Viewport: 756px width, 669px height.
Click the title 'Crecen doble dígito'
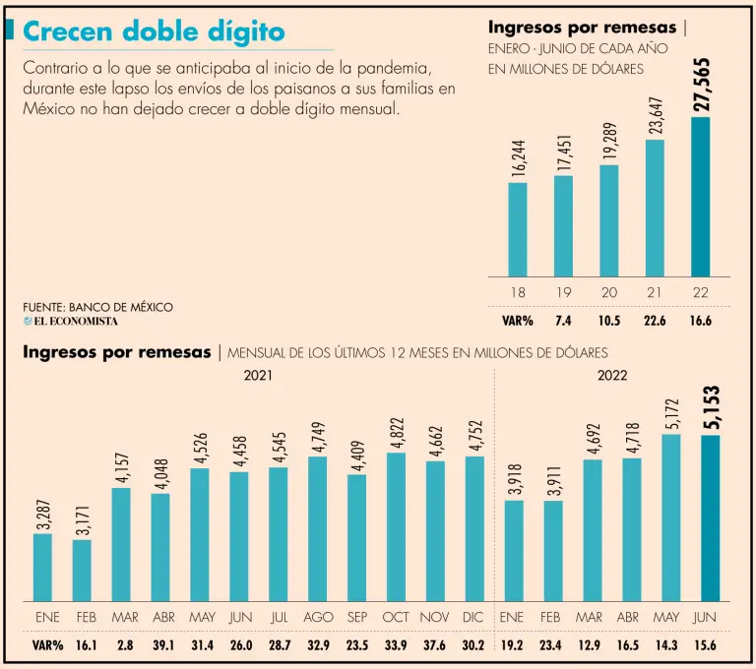(x=154, y=32)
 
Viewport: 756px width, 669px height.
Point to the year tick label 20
(x=608, y=293)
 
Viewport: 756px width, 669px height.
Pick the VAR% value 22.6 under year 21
(x=654, y=320)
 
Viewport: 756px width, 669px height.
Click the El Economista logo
(x=71, y=321)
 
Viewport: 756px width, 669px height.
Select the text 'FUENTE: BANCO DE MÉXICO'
(x=97, y=307)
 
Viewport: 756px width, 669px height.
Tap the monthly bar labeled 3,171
(x=82, y=570)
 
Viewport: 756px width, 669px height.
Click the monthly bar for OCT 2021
(x=397, y=526)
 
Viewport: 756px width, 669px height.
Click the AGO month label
(x=318, y=617)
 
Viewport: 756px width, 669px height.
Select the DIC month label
(x=474, y=617)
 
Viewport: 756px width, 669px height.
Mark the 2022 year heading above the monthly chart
(x=612, y=375)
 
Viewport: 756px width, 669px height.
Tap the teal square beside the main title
(x=10, y=30)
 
